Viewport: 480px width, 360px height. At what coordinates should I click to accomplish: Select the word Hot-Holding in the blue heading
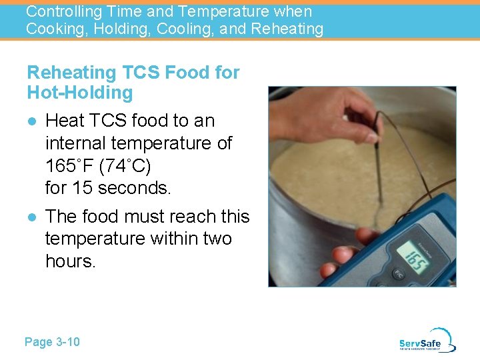click(x=80, y=92)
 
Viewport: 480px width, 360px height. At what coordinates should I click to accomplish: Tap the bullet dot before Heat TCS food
click(x=31, y=121)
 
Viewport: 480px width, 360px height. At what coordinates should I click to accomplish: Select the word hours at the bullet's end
click(x=71, y=261)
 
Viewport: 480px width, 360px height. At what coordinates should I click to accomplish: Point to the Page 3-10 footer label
click(x=52, y=342)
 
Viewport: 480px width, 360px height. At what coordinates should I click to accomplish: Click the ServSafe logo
click(x=427, y=341)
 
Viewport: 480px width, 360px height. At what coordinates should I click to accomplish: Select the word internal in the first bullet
click(x=75, y=143)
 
